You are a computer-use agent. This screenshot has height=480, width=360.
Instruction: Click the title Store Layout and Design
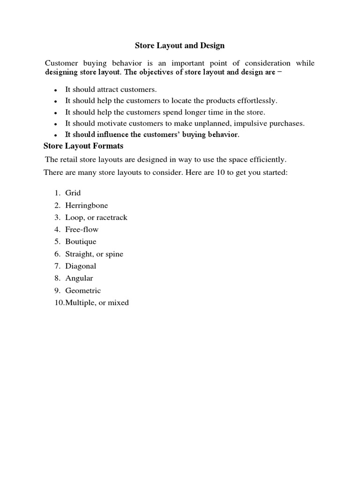point(180,45)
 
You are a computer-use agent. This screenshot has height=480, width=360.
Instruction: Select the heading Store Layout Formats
point(83,146)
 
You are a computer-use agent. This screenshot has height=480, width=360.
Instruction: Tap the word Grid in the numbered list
point(73,193)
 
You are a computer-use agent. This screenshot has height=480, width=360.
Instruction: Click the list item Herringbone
point(87,205)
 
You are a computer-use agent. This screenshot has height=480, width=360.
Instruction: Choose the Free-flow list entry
point(82,230)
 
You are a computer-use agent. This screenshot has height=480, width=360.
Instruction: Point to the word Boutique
point(81,242)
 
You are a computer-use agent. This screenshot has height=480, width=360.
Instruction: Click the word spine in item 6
point(114,254)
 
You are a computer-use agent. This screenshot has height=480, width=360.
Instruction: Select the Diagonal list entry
point(81,266)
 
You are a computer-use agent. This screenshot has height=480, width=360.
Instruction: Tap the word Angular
point(79,278)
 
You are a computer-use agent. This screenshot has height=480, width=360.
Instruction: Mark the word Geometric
point(83,291)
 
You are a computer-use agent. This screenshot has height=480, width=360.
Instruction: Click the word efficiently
point(268,159)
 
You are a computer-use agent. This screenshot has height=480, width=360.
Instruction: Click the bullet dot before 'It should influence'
point(55,135)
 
